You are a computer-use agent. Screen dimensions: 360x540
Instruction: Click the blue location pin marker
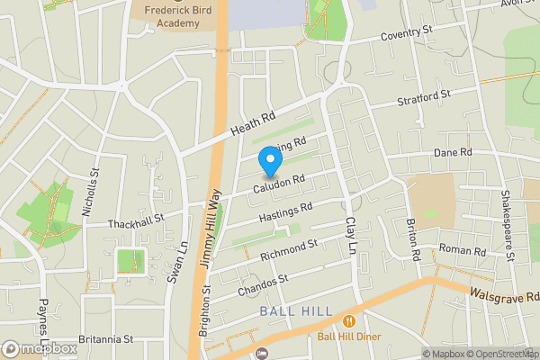click(270, 163)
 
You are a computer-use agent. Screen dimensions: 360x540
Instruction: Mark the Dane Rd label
click(453, 154)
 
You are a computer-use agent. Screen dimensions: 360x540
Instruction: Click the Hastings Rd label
click(285, 212)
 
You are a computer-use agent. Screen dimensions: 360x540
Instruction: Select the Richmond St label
click(289, 249)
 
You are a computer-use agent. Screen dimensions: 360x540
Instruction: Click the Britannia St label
click(104, 339)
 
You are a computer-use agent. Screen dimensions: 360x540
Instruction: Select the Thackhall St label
click(135, 218)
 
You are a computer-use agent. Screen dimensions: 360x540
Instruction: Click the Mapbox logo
click(40, 348)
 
